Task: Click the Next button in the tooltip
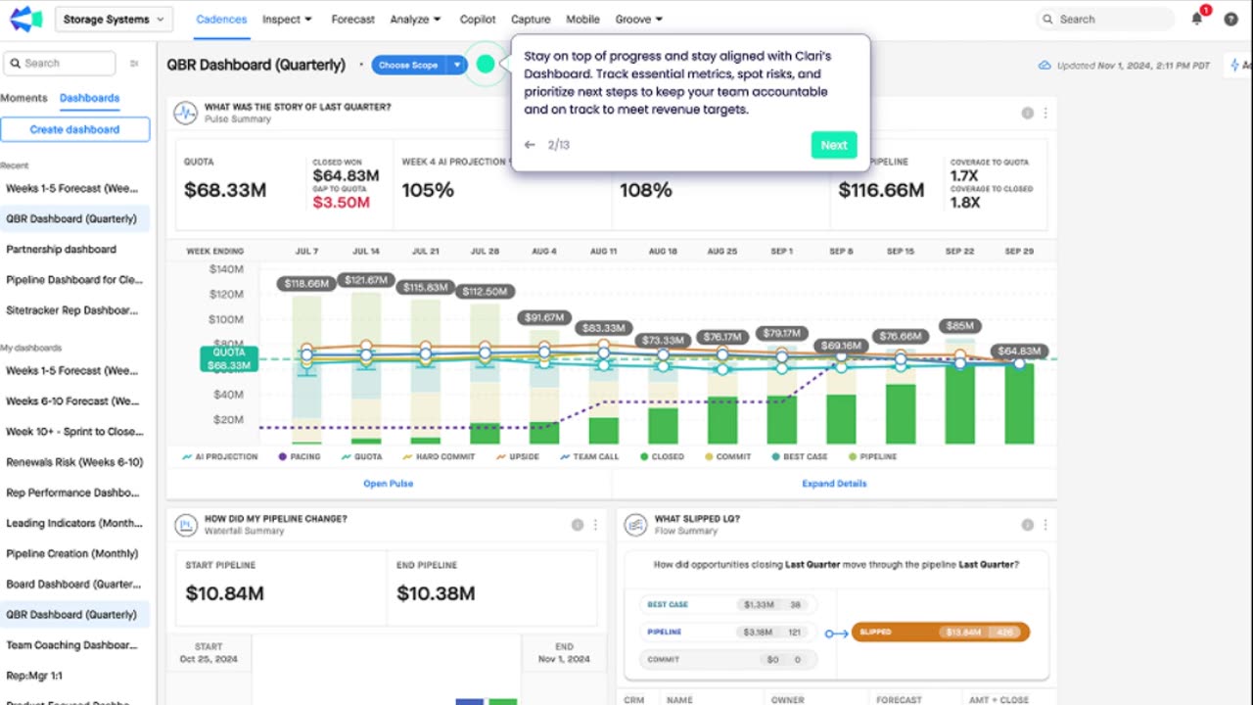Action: click(833, 145)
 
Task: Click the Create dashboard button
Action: click(74, 129)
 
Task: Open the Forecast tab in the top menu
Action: click(352, 19)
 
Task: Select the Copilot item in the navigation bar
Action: click(478, 19)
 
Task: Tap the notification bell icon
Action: click(1196, 19)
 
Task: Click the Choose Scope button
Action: click(408, 66)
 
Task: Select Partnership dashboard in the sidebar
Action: click(61, 250)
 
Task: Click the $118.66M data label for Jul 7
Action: click(306, 284)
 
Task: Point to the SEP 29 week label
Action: click(1019, 252)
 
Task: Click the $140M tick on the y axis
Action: click(226, 269)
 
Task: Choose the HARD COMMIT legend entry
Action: click(439, 456)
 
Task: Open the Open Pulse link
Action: click(389, 484)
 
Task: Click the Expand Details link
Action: click(834, 484)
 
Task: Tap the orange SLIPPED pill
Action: click(940, 633)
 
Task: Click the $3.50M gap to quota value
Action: click(341, 203)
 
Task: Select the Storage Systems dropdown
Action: click(114, 19)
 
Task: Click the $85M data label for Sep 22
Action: click(959, 326)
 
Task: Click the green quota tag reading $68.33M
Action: click(229, 359)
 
